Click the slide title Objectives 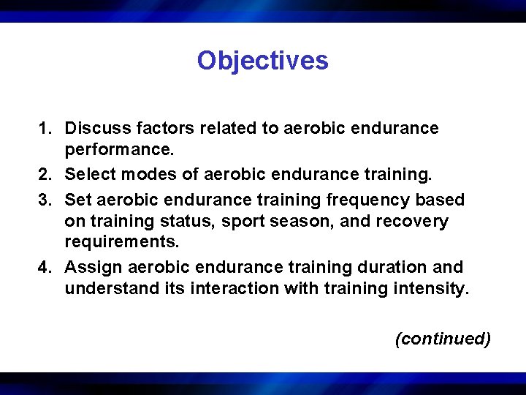click(x=262, y=60)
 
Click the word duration click(x=392, y=268)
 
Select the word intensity click(x=432, y=289)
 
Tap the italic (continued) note click(x=442, y=339)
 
